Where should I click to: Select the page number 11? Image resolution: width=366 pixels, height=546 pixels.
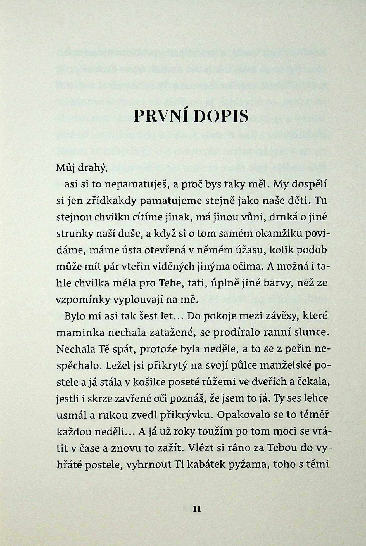tap(197, 509)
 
